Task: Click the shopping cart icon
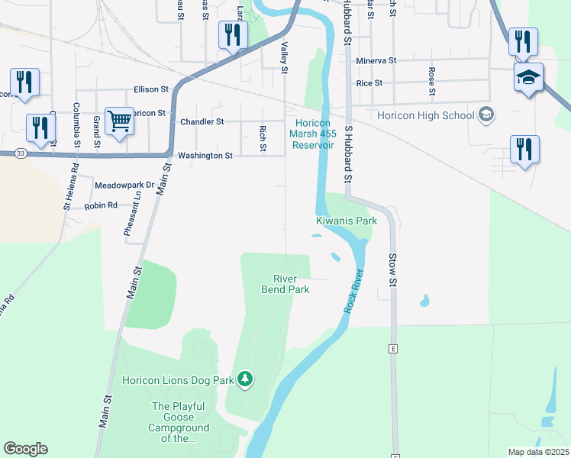pyautogui.click(x=119, y=121)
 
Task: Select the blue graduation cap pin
pyautogui.click(x=528, y=77)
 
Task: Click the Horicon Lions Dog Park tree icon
pyautogui.click(x=245, y=379)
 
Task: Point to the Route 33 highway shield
pyautogui.click(x=20, y=153)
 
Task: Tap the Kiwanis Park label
pyautogui.click(x=347, y=221)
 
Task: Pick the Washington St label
pyautogui.click(x=205, y=156)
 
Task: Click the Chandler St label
pyautogui.click(x=202, y=121)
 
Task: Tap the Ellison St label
pyautogui.click(x=150, y=89)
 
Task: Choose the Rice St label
pyautogui.click(x=369, y=84)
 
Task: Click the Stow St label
pyautogui.click(x=394, y=269)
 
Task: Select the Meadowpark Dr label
pyautogui.click(x=124, y=185)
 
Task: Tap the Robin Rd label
pyautogui.click(x=101, y=205)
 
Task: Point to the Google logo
pyautogui.click(x=25, y=449)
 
